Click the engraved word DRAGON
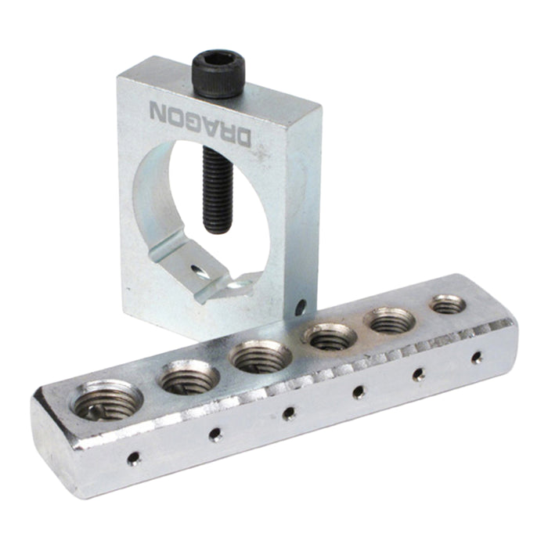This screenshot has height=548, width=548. click(200, 122)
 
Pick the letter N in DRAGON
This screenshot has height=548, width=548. click(158, 109)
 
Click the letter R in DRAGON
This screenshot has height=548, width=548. click(225, 130)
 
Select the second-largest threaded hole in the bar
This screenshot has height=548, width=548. click(188, 378)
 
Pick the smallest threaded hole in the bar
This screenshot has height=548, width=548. click(447, 304)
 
